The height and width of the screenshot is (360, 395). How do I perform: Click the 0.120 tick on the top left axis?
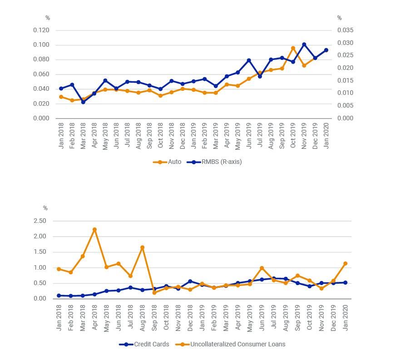click(41, 30)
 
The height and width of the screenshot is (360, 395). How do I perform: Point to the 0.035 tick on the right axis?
click(345, 30)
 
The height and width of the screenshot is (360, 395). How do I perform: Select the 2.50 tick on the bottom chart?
click(40, 221)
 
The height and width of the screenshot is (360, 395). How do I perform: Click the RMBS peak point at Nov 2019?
click(304, 44)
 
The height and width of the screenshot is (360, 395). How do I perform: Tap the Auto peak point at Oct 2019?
click(293, 48)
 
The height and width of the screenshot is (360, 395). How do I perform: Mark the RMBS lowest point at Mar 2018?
click(83, 102)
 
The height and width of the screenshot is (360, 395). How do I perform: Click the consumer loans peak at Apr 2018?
click(94, 230)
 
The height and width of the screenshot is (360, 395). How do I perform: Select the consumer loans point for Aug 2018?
click(142, 247)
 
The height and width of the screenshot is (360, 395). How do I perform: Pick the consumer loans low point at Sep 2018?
click(154, 293)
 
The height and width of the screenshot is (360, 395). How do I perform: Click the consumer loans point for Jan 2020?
click(345, 263)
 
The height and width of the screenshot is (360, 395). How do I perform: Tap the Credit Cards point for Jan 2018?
click(59, 296)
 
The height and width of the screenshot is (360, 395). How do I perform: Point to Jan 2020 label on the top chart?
click(326, 135)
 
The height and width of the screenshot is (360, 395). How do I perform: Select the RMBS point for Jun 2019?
click(249, 60)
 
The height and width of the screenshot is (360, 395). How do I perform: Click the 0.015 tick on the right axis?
click(345, 80)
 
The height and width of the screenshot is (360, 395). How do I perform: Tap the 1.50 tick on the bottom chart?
click(40, 252)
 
